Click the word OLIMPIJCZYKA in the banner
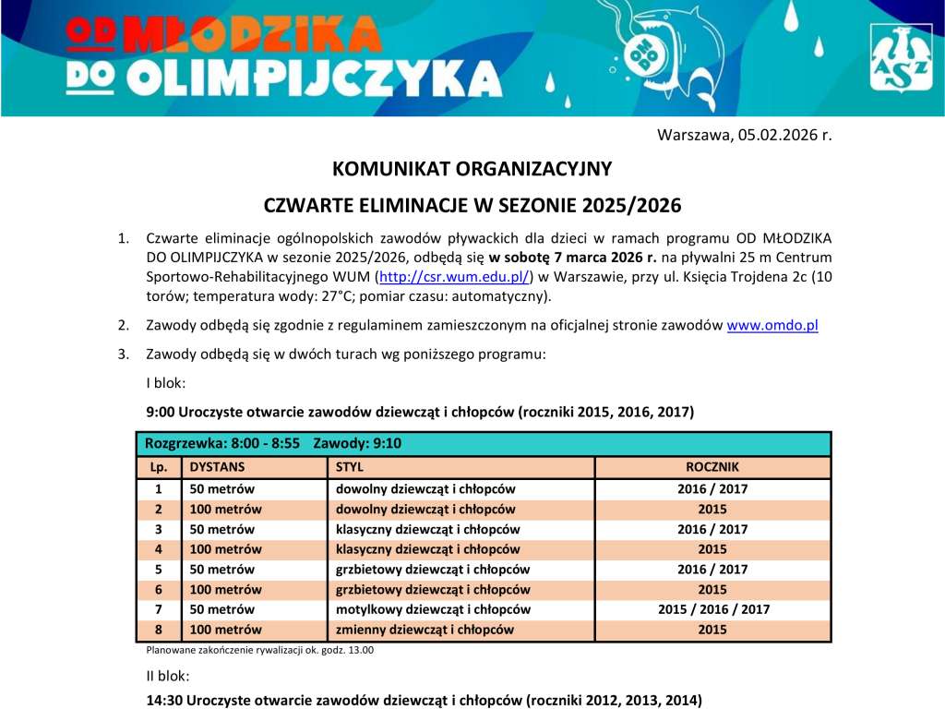(314, 79)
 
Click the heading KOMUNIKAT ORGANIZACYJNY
(472, 169)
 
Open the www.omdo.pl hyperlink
(772, 325)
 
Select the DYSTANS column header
(217, 467)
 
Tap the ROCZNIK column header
(712, 467)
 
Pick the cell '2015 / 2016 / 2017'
(712, 609)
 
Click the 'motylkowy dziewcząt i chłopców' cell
(432, 609)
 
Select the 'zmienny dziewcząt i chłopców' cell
(424, 630)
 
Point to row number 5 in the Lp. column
(158, 570)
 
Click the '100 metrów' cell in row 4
(225, 549)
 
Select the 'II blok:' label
(168, 676)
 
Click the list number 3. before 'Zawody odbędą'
(123, 354)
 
